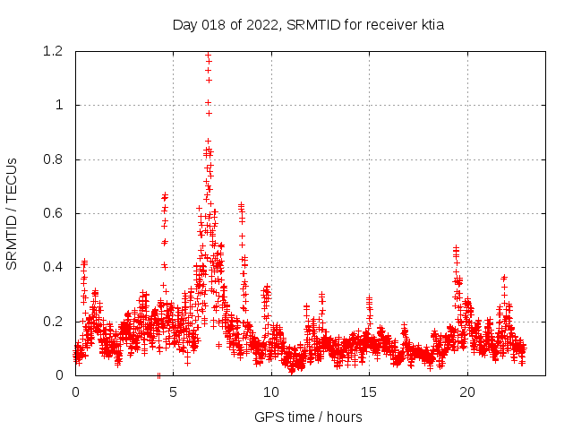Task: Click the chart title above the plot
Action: click(x=308, y=25)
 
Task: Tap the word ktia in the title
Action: click(x=430, y=25)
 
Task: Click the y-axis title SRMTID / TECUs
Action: click(x=13, y=213)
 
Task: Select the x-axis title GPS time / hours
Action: click(x=308, y=417)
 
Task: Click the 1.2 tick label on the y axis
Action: click(x=54, y=51)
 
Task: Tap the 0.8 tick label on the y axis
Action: click(x=54, y=159)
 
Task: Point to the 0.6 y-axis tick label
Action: click(x=54, y=213)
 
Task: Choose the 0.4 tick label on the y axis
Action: click(x=54, y=267)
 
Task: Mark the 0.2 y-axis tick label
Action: click(x=54, y=322)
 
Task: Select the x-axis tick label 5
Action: click(x=173, y=392)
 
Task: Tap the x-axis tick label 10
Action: click(x=271, y=392)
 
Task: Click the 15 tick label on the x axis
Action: click(x=369, y=392)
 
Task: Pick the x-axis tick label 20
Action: click(x=467, y=392)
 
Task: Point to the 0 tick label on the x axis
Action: click(x=75, y=392)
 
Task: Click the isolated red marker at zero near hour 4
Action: click(x=158, y=375)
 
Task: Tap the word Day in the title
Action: click(x=184, y=25)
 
